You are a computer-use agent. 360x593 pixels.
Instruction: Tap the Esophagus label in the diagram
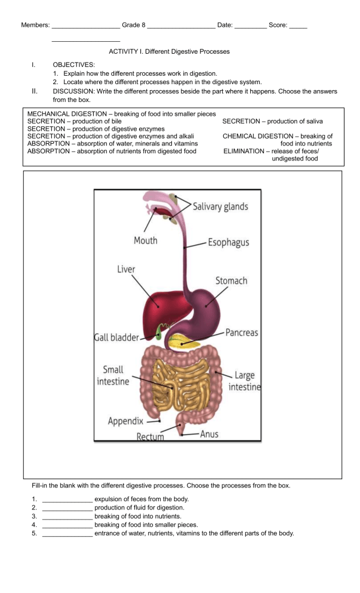click(x=229, y=243)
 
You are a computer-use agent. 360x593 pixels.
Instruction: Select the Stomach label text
click(x=230, y=280)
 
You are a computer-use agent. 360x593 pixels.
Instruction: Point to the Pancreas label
click(x=242, y=332)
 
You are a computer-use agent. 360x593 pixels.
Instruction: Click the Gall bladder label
click(x=116, y=337)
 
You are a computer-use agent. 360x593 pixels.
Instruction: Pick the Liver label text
click(x=125, y=269)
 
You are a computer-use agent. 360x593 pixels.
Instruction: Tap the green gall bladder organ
click(x=158, y=331)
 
